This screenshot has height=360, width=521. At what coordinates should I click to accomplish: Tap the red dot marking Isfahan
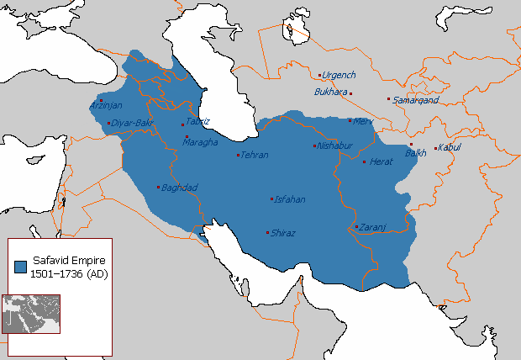(x=271, y=199)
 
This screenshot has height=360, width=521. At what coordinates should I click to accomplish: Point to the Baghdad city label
(x=179, y=187)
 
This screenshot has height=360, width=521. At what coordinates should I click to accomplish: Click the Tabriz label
(x=197, y=121)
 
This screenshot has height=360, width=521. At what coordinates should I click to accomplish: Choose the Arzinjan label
(x=106, y=106)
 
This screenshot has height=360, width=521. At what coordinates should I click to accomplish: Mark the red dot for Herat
(x=364, y=161)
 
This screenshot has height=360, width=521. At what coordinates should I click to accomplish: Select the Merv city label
(x=363, y=121)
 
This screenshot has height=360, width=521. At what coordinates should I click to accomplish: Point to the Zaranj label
(x=371, y=227)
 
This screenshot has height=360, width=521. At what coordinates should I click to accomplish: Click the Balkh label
(x=416, y=153)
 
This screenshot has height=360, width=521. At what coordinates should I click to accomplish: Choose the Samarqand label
(x=413, y=99)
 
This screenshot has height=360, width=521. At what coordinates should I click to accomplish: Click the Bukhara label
(x=330, y=92)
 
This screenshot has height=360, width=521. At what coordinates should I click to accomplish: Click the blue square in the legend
(x=21, y=267)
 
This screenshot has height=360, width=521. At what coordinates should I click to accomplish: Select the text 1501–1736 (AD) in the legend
(x=68, y=274)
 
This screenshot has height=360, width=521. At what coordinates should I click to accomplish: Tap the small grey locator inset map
(x=31, y=313)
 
